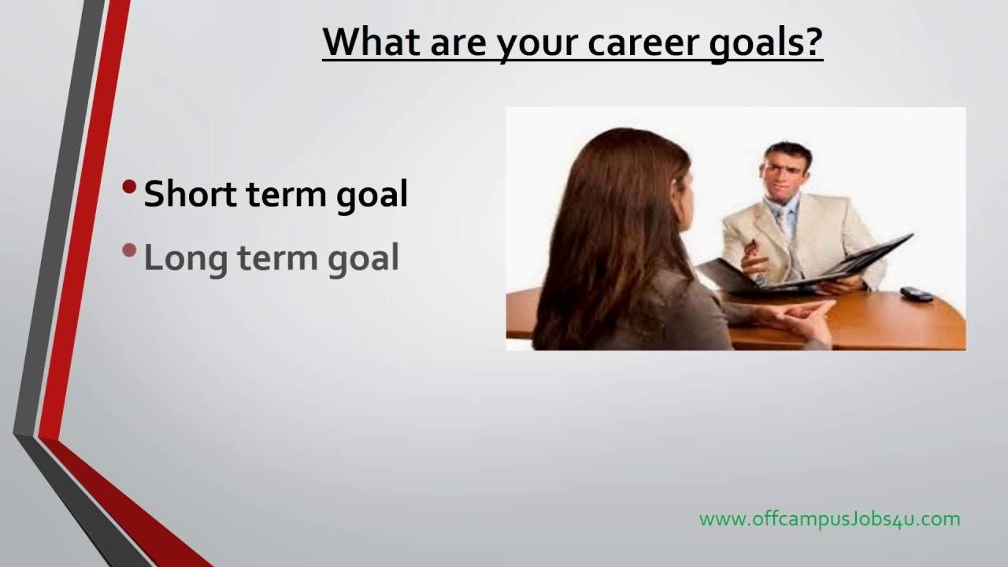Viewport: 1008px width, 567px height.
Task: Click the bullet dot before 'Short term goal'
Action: (x=129, y=187)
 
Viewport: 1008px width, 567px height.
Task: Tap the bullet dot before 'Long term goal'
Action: (x=129, y=250)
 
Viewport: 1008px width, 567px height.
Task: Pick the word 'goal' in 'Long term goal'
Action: (x=363, y=259)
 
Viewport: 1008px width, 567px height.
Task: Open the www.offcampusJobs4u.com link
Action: (x=830, y=519)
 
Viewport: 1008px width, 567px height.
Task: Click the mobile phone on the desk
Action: (x=917, y=294)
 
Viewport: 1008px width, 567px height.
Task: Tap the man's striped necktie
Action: (x=792, y=243)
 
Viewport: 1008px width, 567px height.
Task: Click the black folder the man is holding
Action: (x=806, y=270)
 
